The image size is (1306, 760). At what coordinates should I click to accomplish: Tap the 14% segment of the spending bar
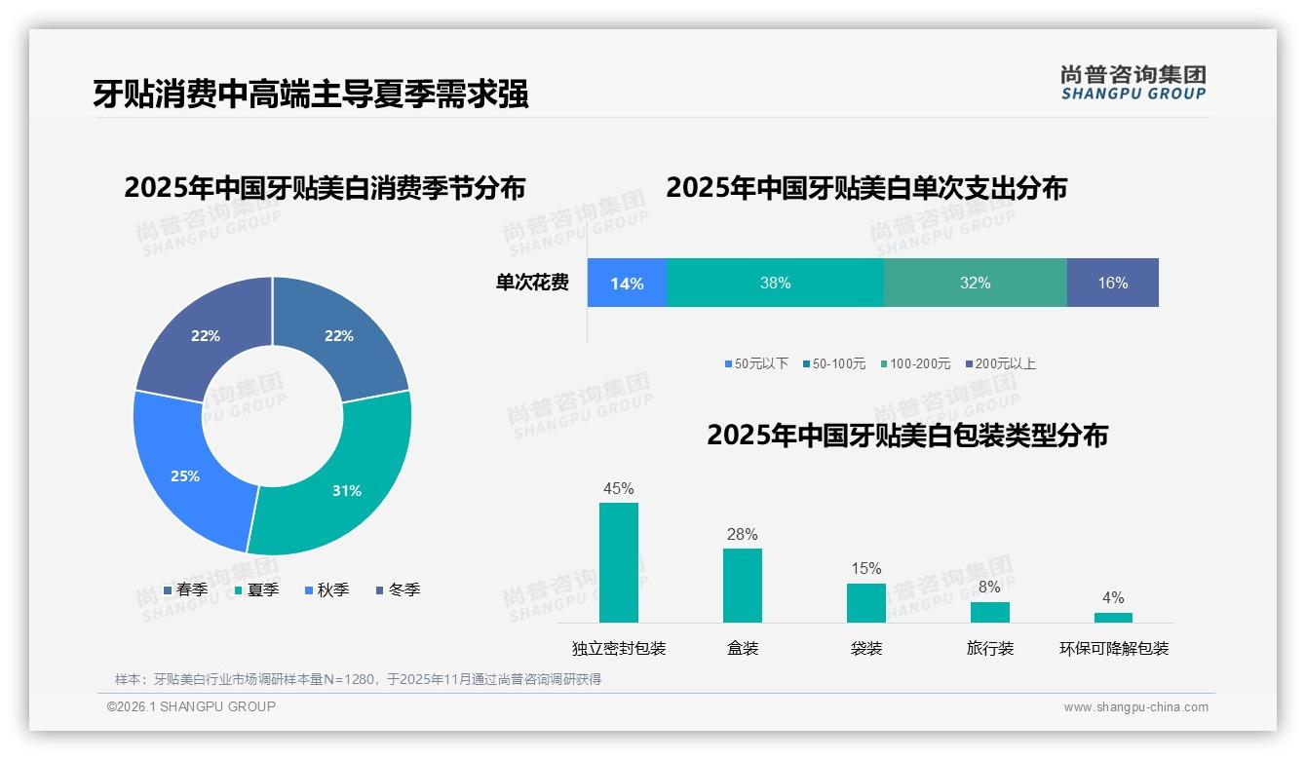[x=627, y=283]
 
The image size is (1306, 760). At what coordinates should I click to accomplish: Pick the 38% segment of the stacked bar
[x=775, y=283]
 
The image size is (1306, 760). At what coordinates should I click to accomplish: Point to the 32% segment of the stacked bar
[x=975, y=283]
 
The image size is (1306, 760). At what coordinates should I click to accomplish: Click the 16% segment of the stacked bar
[x=1112, y=283]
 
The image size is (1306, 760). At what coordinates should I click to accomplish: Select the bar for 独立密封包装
[x=618, y=562]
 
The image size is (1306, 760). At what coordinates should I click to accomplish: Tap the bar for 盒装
[x=742, y=585]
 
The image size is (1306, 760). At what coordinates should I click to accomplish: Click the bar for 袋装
[x=865, y=602]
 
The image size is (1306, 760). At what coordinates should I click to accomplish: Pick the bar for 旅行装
[x=989, y=612]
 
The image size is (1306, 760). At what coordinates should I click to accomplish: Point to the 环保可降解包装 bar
[x=1113, y=617]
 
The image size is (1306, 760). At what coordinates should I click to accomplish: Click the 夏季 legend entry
[x=257, y=589]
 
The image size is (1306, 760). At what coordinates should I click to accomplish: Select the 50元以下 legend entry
[x=756, y=363]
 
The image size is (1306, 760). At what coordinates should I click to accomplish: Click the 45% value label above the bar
[x=618, y=488]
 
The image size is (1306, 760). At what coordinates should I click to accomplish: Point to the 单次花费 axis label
[x=532, y=283]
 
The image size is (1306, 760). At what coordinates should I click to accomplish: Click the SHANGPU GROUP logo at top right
[x=1133, y=83]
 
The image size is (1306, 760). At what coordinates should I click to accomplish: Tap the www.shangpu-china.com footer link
[x=1135, y=706]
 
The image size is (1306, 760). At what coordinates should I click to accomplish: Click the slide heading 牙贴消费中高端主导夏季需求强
[x=310, y=95]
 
